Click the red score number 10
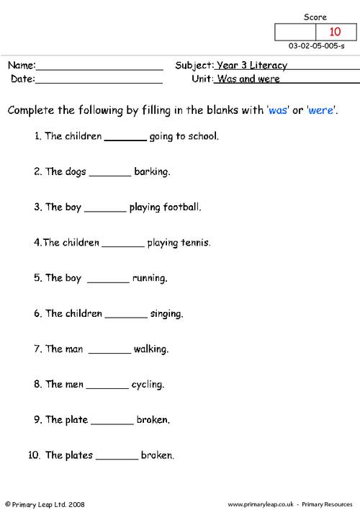point(335,32)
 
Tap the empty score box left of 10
point(295,32)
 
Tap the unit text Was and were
point(248,79)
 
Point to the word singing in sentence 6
point(166,314)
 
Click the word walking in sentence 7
point(151,349)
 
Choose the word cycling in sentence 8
point(148,385)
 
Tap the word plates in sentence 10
point(78,455)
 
